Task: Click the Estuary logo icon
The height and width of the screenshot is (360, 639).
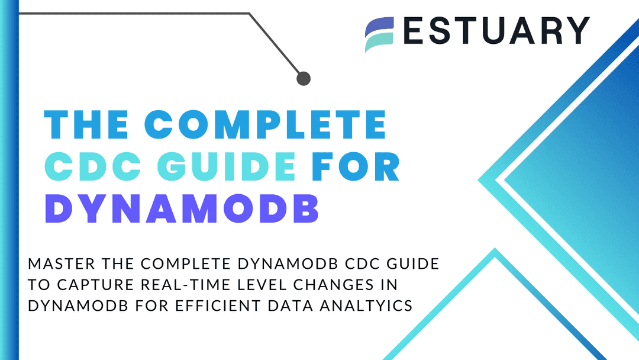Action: [x=379, y=35]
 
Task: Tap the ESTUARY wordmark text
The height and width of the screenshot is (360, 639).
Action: [x=496, y=31]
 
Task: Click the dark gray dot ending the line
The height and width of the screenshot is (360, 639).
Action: [x=303, y=78]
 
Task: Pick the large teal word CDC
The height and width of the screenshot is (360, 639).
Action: [x=93, y=166]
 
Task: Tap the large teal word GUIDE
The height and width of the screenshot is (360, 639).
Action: [x=227, y=166]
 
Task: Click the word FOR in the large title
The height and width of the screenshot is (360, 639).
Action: [x=356, y=166]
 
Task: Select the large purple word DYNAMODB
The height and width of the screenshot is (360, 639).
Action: [x=182, y=208]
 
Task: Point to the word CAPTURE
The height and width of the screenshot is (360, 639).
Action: [x=95, y=285]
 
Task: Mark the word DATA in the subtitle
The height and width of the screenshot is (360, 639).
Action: [x=291, y=306]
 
